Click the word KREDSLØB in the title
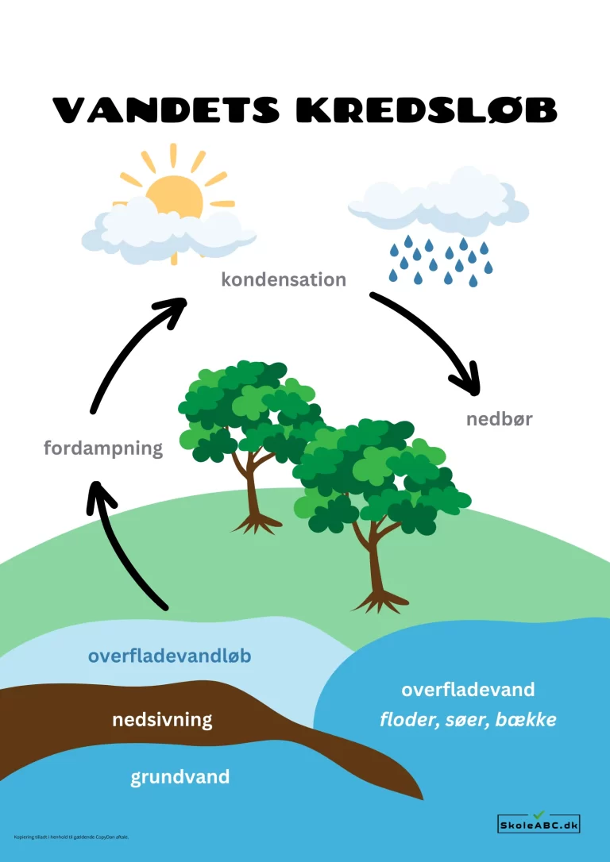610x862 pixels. point(427,110)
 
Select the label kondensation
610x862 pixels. point(284,279)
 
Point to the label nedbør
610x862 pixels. point(499,419)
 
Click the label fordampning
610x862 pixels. point(103,448)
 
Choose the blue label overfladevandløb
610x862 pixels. point(170,656)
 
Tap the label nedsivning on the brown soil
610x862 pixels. point(162,720)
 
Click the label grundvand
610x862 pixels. point(180,776)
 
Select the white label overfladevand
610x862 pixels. point(468,689)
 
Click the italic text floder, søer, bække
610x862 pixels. point(468,721)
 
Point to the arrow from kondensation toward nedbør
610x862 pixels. point(435,337)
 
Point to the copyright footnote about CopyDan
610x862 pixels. point(71,836)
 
